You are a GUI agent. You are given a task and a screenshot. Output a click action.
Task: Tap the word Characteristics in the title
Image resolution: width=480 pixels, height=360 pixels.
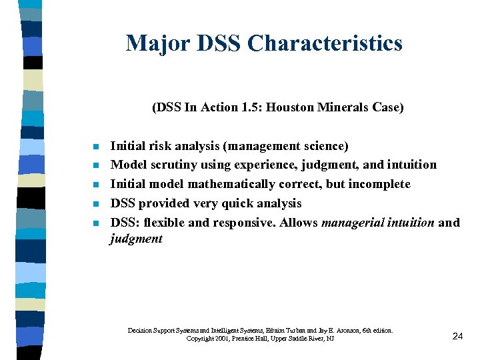[x=325, y=43]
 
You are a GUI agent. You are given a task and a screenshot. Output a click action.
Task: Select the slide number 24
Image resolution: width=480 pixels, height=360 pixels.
[x=457, y=336]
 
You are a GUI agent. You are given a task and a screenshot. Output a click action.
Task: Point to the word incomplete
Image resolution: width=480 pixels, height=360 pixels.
[x=381, y=184]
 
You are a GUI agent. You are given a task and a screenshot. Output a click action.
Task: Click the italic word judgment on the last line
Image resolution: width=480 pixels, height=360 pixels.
[x=136, y=239]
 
